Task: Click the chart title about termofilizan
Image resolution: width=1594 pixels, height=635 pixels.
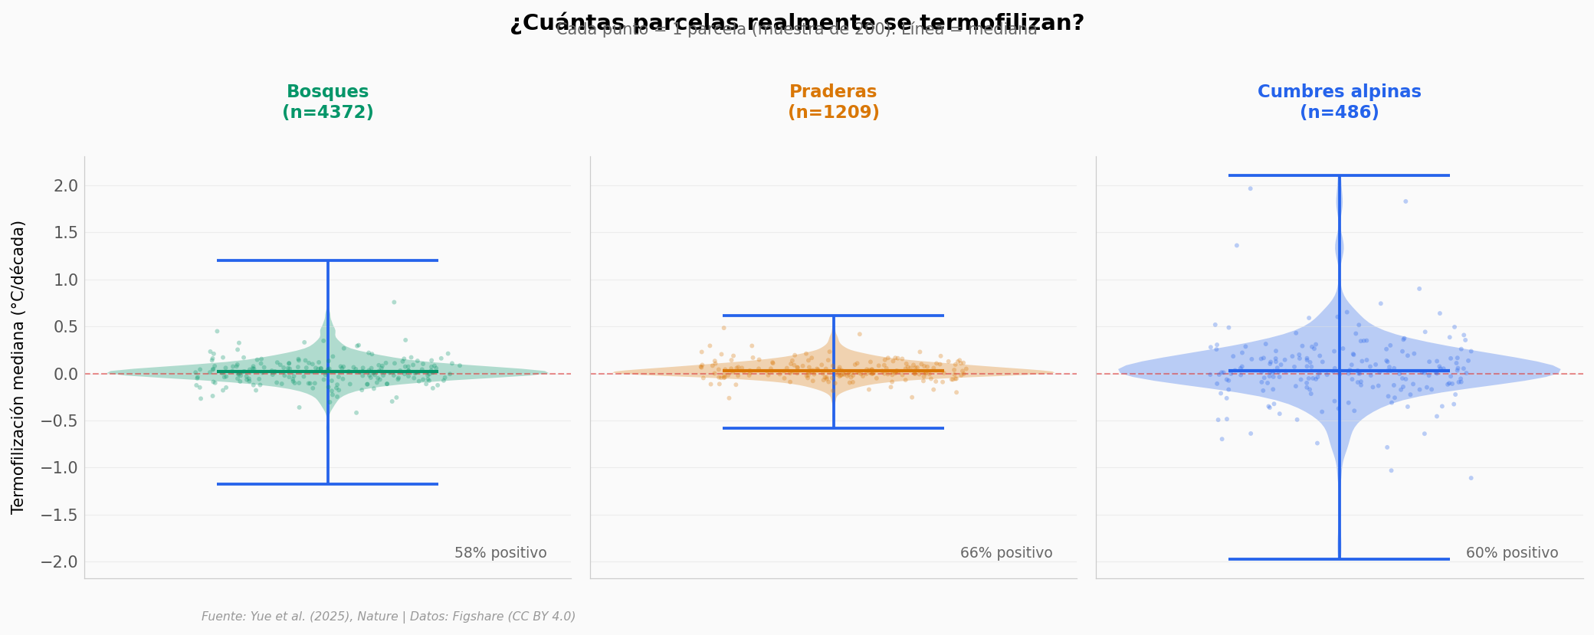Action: (797, 23)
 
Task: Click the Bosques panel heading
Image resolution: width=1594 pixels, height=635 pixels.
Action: (328, 102)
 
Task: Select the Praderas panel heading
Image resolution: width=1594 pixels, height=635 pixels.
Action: (833, 102)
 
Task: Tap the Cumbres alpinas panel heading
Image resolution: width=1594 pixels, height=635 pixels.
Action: (1339, 102)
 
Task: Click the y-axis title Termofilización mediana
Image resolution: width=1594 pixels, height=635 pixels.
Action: (18, 367)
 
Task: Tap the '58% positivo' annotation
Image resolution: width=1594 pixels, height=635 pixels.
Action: (500, 553)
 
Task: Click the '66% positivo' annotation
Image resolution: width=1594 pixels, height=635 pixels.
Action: (1006, 553)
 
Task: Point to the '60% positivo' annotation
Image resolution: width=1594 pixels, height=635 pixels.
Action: (1512, 553)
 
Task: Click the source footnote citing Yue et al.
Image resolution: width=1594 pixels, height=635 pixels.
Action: (389, 617)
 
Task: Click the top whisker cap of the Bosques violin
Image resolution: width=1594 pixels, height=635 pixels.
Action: (328, 260)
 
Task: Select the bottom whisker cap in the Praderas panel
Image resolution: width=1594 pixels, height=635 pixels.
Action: (833, 428)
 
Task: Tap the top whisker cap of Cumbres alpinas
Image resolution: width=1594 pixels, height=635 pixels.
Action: (1339, 175)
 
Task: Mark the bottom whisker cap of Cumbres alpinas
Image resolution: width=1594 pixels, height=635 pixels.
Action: (1339, 559)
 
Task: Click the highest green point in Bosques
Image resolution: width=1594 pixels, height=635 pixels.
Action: (394, 302)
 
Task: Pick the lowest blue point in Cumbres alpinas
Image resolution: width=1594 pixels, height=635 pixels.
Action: (1471, 478)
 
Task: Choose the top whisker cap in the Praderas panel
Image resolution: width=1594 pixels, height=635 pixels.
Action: (833, 316)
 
